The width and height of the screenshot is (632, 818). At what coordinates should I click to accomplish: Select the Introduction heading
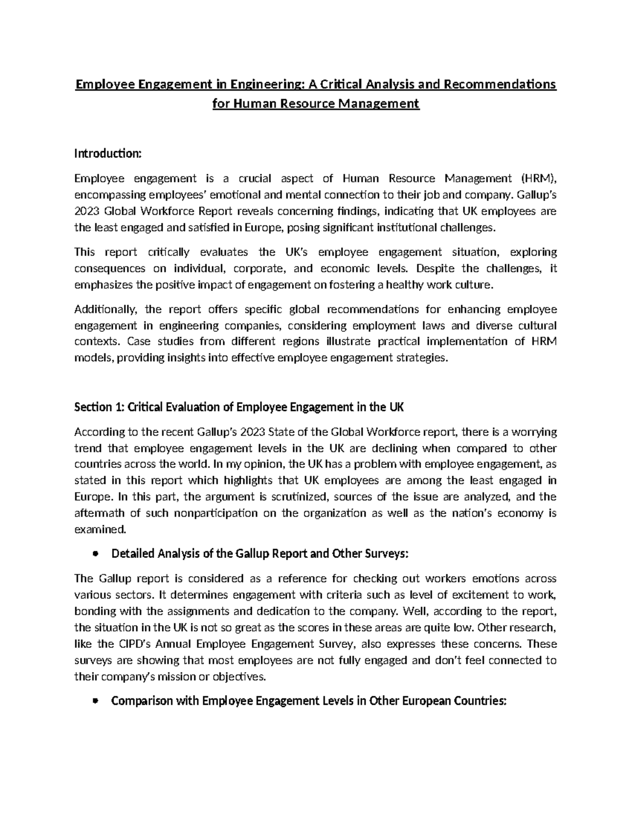click(108, 154)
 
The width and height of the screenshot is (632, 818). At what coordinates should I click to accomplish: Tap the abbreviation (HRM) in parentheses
click(537, 179)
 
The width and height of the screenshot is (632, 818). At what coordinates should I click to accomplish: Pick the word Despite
click(436, 269)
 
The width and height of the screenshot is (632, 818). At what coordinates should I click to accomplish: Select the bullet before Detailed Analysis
click(95, 554)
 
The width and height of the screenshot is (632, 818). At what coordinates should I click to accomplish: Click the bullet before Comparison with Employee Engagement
click(95, 702)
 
